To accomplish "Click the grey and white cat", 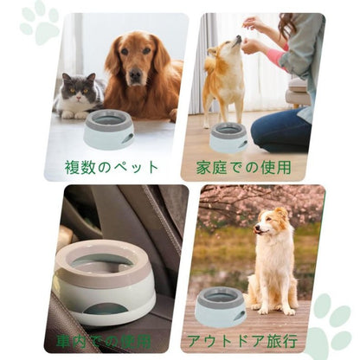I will tap(76, 95).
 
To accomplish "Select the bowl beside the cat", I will tap(108, 130).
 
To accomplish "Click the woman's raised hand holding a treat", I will tap(253, 25).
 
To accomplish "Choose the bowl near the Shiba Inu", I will tap(228, 136).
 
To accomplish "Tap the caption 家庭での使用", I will tap(244, 166).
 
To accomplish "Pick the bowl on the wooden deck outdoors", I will tap(221, 305).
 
